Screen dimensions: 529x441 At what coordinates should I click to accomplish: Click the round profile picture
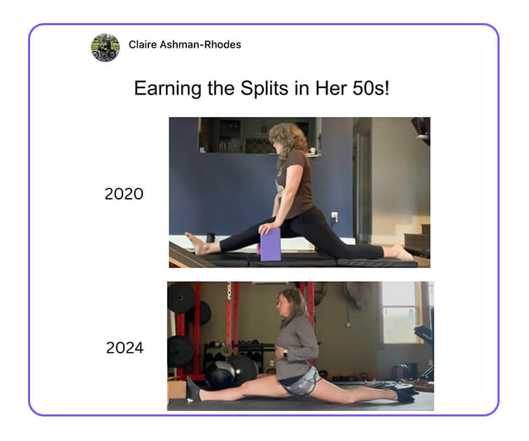pos(105,48)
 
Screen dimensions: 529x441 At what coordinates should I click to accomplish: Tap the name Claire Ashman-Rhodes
pos(185,45)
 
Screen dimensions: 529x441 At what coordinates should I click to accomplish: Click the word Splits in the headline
pos(264,88)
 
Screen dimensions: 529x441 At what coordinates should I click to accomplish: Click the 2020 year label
pos(124,194)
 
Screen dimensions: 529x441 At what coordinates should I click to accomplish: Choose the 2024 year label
pos(125,348)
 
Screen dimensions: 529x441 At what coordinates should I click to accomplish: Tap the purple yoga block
pos(270,244)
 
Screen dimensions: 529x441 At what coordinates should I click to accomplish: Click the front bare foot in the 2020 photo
pos(197,244)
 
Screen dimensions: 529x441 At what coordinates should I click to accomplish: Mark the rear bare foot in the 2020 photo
pos(403,253)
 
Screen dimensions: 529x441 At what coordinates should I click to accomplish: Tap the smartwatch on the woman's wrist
pos(285,354)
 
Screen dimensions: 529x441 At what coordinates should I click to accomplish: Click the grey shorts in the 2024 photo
pos(302,382)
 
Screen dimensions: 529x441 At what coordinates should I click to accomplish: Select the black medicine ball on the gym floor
pos(218,374)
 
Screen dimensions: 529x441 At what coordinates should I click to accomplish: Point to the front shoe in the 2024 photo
pos(194,389)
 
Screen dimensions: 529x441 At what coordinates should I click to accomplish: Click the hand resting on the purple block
pos(269,229)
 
